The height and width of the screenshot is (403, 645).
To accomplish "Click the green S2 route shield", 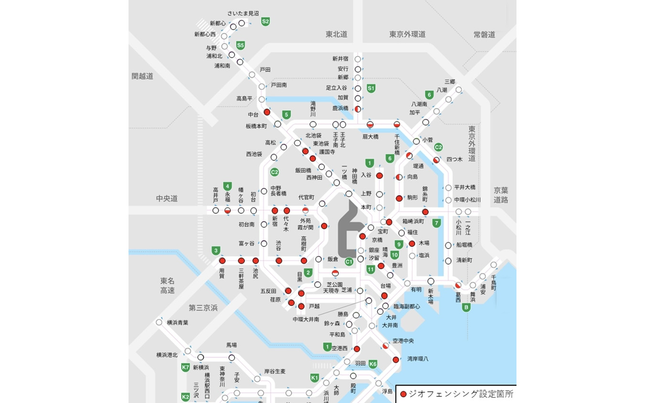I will click(266, 21).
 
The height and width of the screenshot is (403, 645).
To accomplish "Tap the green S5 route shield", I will click(241, 45).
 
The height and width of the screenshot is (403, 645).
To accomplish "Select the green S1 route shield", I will click(371, 88).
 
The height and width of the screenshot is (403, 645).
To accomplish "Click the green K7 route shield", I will click(186, 368).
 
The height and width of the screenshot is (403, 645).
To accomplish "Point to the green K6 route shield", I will click(373, 364).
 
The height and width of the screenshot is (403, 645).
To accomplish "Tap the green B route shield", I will click(466, 308).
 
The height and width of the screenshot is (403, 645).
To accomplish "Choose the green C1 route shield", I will click(349, 261).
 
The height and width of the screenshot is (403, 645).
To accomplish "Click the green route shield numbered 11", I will click(370, 269).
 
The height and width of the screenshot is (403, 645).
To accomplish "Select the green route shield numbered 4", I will click(228, 186).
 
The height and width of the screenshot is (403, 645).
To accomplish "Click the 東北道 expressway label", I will click(336, 34).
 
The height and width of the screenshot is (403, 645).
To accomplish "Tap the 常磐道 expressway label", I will click(484, 34).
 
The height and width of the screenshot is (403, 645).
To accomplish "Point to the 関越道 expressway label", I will click(142, 76).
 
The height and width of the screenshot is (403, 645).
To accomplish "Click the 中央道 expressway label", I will click(166, 198).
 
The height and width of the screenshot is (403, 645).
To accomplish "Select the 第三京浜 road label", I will click(203, 308).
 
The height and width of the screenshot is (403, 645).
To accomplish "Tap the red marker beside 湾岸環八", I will click(396, 360).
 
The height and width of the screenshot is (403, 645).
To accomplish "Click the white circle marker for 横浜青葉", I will click(159, 322).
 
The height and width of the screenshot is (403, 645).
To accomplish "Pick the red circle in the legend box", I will click(403, 394).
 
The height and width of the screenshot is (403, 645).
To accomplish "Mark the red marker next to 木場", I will click(412, 244).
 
